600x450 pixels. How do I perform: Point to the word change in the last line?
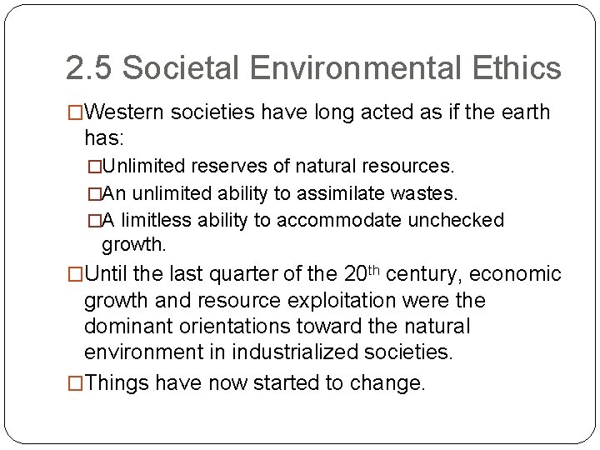pyautogui.click(x=389, y=383)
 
